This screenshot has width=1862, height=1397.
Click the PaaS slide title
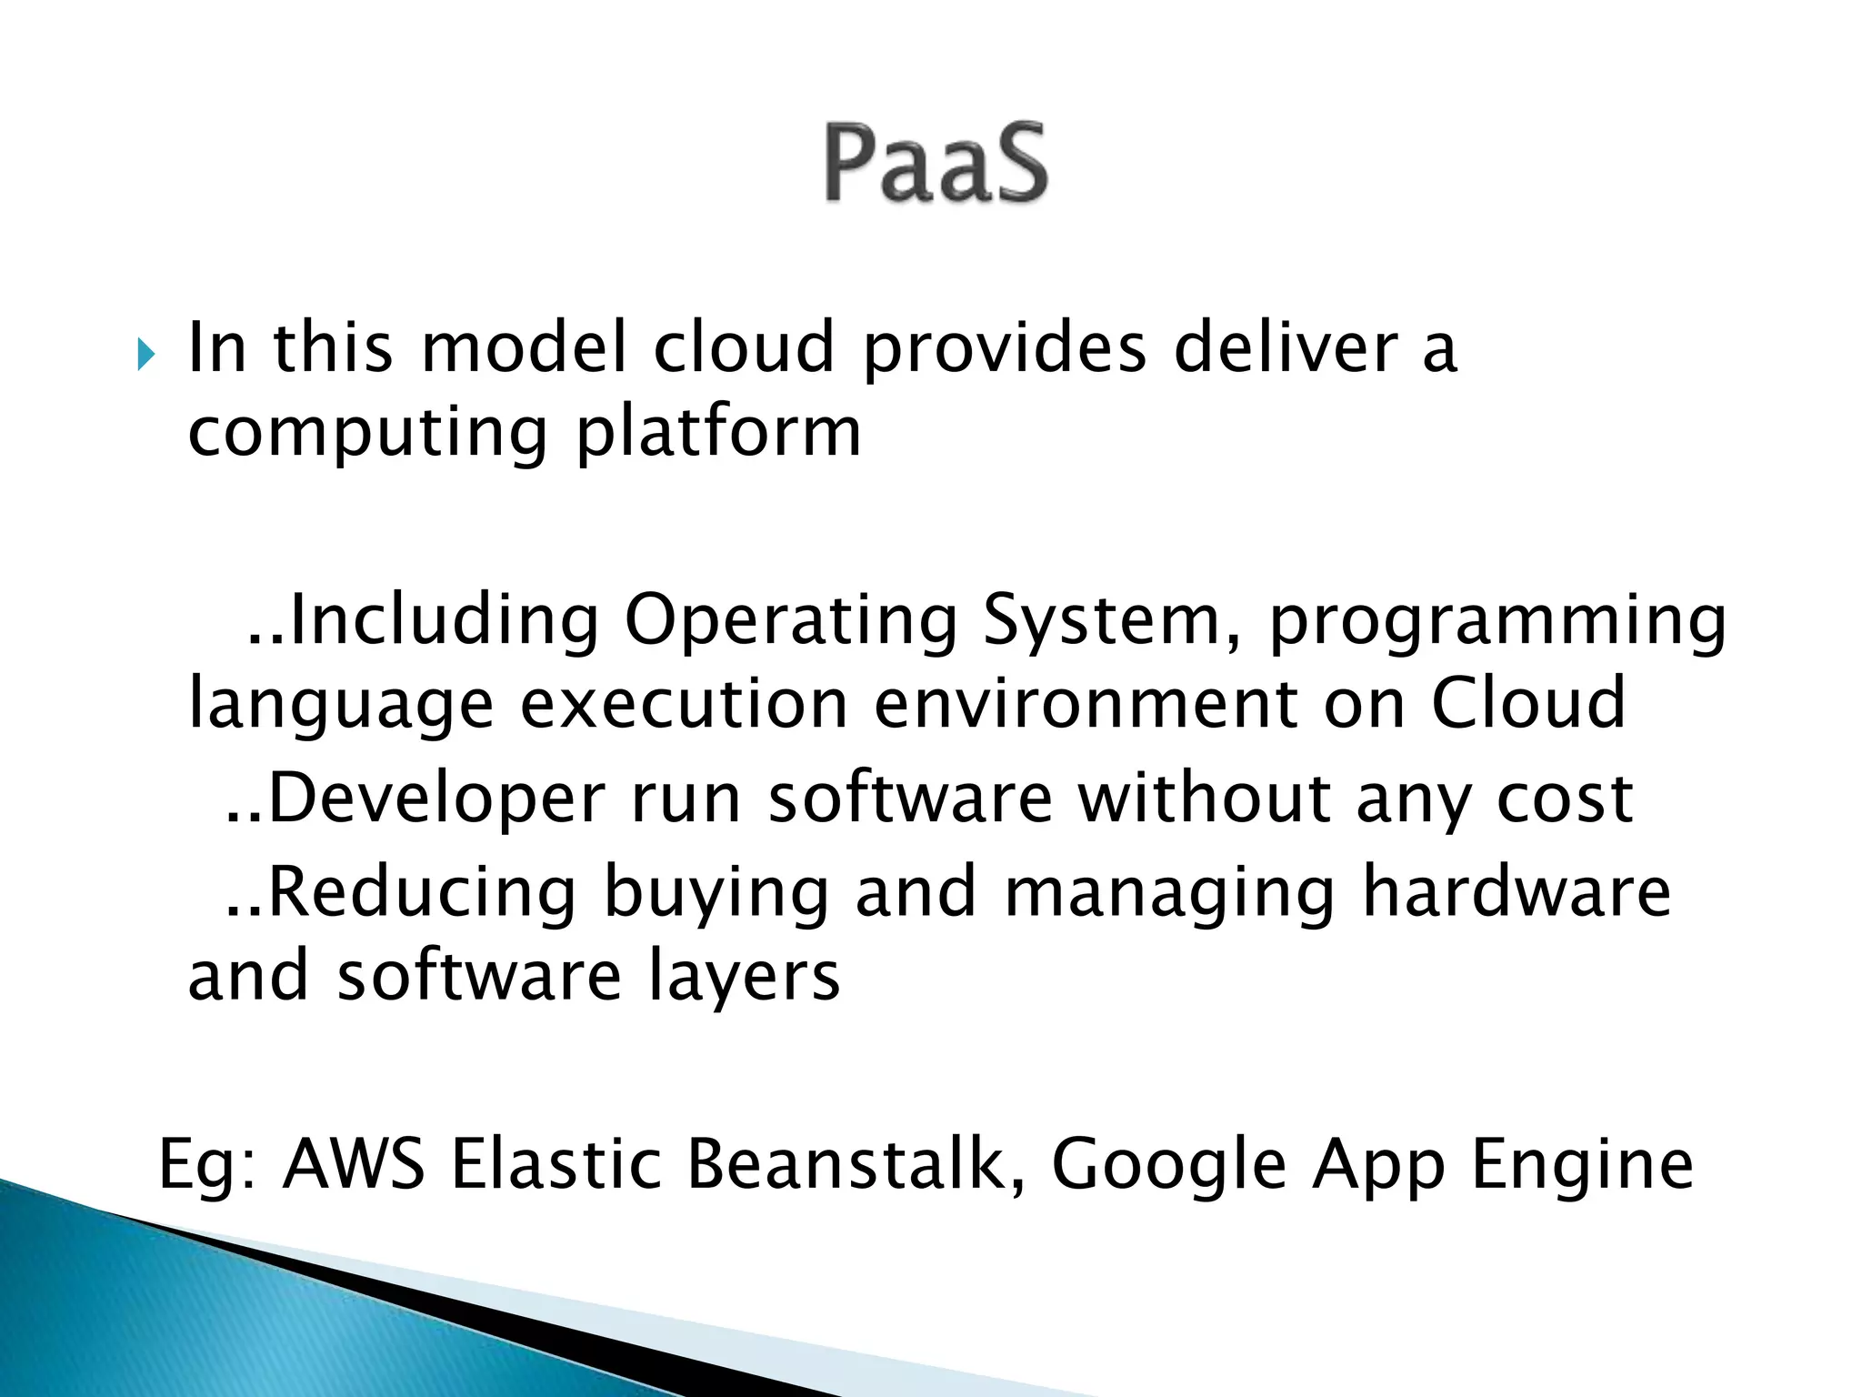point(936,164)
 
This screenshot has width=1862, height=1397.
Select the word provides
point(1004,350)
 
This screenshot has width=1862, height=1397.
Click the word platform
point(718,433)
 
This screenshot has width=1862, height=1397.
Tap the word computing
point(367,433)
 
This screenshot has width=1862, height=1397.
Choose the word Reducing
point(423,895)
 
